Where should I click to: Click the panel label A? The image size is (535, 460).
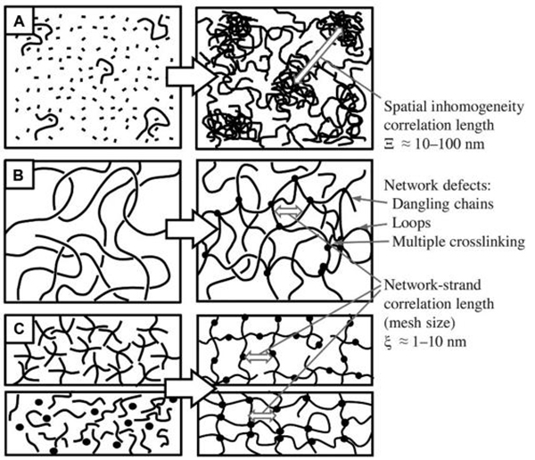[x=20, y=21]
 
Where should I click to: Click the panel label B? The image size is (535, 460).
[x=18, y=175]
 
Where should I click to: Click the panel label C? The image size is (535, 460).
[x=19, y=329]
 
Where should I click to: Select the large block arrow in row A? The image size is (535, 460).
[x=192, y=77]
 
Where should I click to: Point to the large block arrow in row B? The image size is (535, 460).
[x=192, y=228]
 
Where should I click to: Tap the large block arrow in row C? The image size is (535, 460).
[x=191, y=389]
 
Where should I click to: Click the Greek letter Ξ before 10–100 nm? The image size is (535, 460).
[x=389, y=144]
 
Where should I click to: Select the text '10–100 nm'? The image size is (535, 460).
[x=449, y=144]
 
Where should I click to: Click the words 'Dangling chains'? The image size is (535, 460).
[x=442, y=204]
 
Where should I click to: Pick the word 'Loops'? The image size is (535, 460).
[x=411, y=223]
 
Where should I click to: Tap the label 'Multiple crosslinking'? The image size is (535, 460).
[x=458, y=242]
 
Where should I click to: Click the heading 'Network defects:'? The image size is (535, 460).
[x=437, y=185]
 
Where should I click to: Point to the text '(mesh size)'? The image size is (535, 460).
[x=419, y=323]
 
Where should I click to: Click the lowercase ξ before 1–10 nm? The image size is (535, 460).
[x=388, y=341]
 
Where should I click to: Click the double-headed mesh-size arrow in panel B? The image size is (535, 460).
[x=289, y=211]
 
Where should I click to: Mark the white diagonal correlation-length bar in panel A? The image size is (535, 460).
[x=318, y=53]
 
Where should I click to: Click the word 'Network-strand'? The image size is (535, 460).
[x=432, y=285]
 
